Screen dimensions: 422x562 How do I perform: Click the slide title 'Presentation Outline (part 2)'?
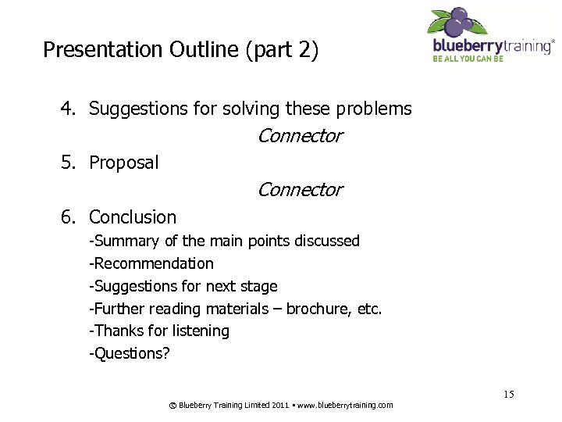tap(180, 50)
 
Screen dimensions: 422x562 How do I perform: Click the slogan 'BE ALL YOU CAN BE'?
tap(468, 59)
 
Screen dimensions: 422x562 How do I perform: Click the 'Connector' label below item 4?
tap(300, 136)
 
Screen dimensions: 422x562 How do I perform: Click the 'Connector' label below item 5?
tap(300, 190)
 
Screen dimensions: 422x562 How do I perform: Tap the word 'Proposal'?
tap(123, 163)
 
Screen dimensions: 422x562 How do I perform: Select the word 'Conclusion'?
tap(133, 217)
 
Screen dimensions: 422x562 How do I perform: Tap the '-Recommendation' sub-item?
tap(151, 263)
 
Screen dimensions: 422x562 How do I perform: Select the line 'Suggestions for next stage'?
tap(184, 286)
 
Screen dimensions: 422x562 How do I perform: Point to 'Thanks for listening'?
tap(162, 331)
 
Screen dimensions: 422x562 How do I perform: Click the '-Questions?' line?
tap(130, 353)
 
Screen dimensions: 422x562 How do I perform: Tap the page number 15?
tap(508, 394)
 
